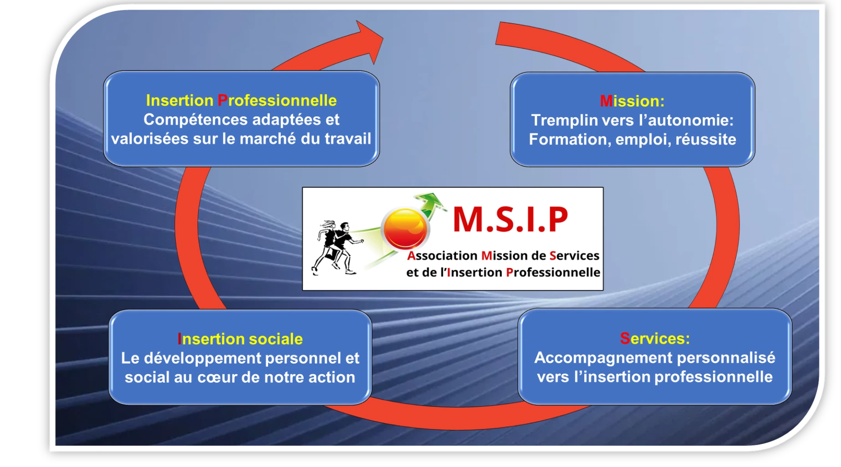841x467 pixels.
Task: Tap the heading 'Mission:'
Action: click(632, 101)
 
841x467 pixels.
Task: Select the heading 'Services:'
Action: click(655, 338)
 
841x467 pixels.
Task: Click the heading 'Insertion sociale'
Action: click(240, 339)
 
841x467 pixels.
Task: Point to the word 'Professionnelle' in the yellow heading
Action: click(277, 100)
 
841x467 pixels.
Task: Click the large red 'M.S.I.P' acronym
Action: click(511, 219)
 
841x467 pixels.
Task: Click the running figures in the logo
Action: click(337, 248)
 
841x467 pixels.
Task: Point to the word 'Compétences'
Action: click(196, 120)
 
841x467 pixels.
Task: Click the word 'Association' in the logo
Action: click(441, 256)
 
